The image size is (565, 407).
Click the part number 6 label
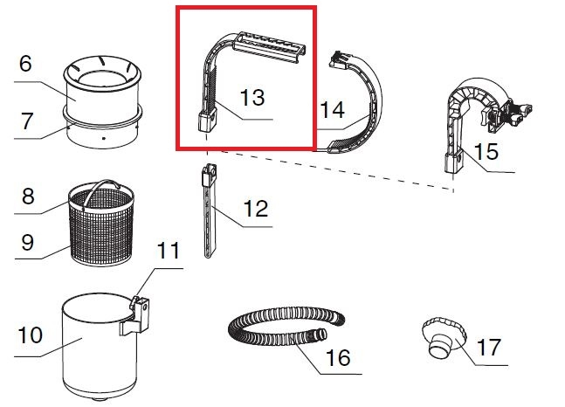[x=25, y=64]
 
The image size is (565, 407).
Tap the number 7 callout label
[x=27, y=121]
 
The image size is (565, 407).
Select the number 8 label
[x=28, y=197]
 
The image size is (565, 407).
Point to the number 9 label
[x=28, y=242]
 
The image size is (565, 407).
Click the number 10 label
[x=31, y=335]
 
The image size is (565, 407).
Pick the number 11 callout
[x=169, y=250]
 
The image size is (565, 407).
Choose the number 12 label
[x=256, y=209]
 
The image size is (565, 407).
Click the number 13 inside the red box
[x=252, y=97]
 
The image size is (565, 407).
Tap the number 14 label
[x=332, y=109]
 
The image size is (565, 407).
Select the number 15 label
[x=486, y=151]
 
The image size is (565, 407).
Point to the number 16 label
[x=338, y=357]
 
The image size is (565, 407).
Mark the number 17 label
[x=489, y=347]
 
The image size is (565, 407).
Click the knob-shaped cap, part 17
[x=444, y=337]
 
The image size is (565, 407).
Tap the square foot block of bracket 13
[x=207, y=121]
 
